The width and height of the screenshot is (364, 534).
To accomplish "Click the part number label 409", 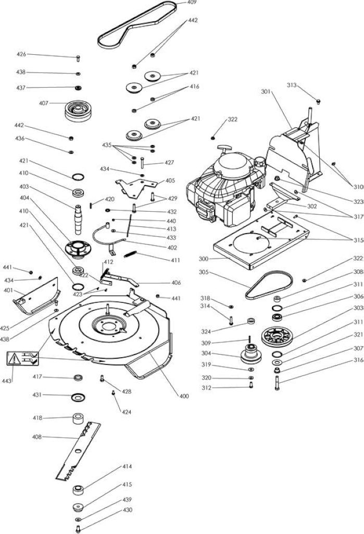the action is (192, 3).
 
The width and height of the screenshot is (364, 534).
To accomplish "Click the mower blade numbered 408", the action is (78, 451).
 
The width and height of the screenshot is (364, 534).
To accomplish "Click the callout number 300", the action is (204, 259).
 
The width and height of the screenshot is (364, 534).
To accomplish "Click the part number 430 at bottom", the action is (127, 510).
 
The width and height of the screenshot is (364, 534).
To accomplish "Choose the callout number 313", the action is (292, 85).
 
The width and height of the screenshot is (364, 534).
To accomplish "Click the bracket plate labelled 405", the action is (136, 188).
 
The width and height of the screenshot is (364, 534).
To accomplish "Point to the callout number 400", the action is (184, 396).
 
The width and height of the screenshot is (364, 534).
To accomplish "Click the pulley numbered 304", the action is (251, 354).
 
